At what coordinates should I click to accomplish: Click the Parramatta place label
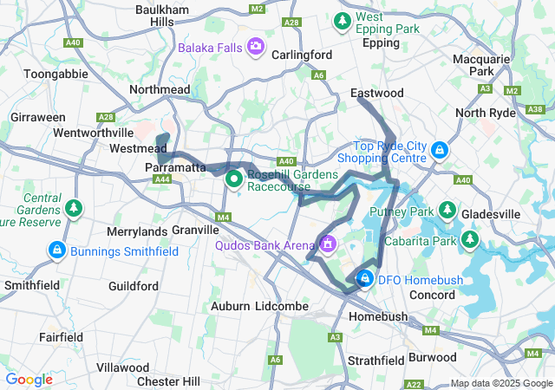pos(174,166)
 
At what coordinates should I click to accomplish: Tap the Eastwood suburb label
pos(376,93)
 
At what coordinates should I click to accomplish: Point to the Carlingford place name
pos(302,55)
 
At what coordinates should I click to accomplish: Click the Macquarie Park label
pos(486,66)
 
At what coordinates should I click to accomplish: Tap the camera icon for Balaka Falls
pos(257,45)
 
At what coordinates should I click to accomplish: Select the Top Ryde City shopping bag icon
pos(440,150)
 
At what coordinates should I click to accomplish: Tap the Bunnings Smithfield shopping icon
pos(56,250)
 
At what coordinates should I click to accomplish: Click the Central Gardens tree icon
pos(75,208)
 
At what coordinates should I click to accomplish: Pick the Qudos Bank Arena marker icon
pos(328,246)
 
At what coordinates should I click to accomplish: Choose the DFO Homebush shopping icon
pos(365,278)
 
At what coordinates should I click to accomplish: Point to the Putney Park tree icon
pos(447,210)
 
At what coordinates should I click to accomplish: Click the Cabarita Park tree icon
pos(470,238)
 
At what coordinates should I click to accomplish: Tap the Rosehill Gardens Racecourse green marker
pos(234,179)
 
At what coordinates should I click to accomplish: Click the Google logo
pos(29,380)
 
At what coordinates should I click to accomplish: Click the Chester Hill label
pos(170,381)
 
